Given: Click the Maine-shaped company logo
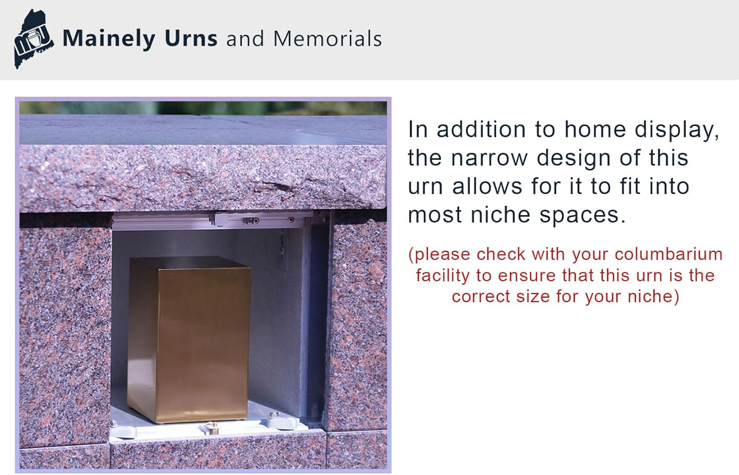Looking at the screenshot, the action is (x=34, y=39).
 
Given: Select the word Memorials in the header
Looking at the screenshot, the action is (x=328, y=38).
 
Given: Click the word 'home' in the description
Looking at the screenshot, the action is (x=595, y=129).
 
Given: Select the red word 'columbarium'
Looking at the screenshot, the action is (x=669, y=254).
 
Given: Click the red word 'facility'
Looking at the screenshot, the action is (x=442, y=276).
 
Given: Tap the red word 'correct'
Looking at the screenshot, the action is (x=481, y=297).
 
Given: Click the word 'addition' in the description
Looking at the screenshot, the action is (x=481, y=129).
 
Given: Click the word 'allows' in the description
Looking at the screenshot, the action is (x=487, y=186).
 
